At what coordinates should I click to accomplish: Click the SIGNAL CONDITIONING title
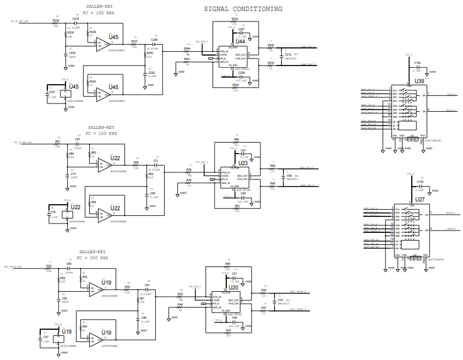243,9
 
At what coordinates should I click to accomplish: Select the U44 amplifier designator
240,41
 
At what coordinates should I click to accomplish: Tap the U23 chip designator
243,163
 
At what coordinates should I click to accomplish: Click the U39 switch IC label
419,80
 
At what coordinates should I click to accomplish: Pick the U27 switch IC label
420,199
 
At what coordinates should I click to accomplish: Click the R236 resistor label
56,20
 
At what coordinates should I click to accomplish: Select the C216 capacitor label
76,18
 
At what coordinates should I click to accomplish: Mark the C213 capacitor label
288,54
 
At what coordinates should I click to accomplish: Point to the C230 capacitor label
73,53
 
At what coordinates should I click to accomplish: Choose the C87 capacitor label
78,139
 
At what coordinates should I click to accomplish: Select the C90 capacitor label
289,176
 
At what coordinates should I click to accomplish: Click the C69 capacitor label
69,264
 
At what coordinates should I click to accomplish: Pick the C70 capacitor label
280,300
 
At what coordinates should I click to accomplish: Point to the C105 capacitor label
420,181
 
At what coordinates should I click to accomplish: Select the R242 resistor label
235,85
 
